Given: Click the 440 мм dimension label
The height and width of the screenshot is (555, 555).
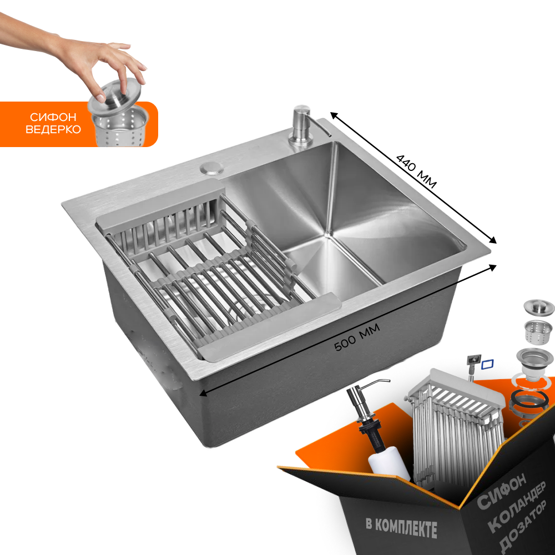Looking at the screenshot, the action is [x=416, y=171].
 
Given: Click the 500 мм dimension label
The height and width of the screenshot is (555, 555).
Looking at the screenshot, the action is [x=357, y=337].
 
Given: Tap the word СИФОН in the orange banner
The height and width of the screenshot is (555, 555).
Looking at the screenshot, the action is [x=53, y=117].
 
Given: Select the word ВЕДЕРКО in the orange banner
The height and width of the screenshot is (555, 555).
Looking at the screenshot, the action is [x=53, y=129].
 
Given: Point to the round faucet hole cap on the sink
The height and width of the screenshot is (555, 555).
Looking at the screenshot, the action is [x=211, y=168].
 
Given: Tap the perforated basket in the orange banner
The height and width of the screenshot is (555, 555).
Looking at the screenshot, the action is [x=120, y=127].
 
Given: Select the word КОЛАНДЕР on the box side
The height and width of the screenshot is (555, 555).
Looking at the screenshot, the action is [x=517, y=507].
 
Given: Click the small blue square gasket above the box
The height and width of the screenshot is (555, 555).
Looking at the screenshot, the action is [x=487, y=364].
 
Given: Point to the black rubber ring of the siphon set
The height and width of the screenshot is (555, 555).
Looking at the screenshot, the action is [x=529, y=399].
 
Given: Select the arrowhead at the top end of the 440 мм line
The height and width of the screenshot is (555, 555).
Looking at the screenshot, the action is [x=334, y=115].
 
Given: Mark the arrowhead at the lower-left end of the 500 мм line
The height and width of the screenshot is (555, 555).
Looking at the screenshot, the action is [x=204, y=393].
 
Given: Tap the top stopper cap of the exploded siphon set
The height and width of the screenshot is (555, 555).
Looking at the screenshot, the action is [x=539, y=307].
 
